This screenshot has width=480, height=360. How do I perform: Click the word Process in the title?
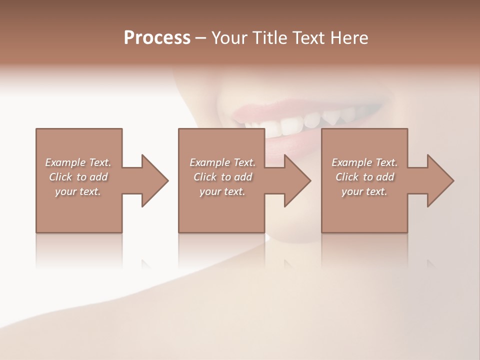point(157,37)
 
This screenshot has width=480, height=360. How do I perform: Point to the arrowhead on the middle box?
point(297,180)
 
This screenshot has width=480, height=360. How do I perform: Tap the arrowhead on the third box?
point(440,180)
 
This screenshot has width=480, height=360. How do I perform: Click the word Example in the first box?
point(65,162)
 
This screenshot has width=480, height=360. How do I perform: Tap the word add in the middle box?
point(243,177)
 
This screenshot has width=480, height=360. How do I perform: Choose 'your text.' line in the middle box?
point(222,191)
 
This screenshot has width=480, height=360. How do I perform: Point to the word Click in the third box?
point(347,177)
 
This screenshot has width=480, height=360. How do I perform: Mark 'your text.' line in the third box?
point(364,191)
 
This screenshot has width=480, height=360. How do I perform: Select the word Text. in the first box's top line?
point(100,162)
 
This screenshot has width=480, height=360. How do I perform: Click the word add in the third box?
point(385,177)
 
